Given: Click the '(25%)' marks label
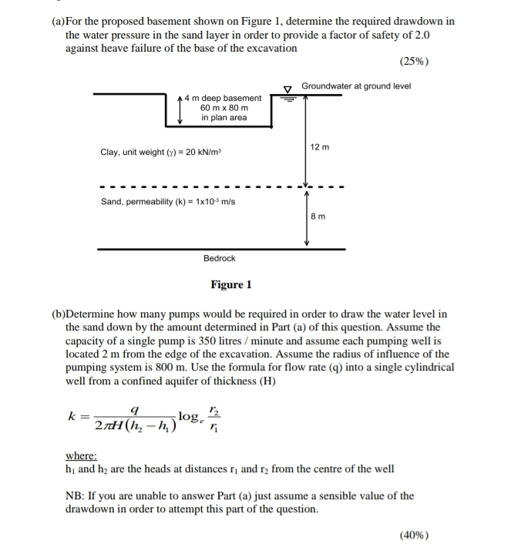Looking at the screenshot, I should [x=415, y=62].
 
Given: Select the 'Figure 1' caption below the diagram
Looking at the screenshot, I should [x=231, y=285].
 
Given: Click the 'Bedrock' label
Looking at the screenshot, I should [x=220, y=258].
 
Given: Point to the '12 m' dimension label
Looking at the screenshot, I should [x=319, y=146].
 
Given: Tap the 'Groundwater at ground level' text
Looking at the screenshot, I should [x=356, y=86].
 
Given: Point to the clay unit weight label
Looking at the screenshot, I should [x=161, y=153].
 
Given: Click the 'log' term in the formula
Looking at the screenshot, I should [x=189, y=417].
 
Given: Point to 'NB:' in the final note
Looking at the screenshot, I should [x=76, y=496].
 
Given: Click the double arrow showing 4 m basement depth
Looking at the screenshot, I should [x=180, y=109].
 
